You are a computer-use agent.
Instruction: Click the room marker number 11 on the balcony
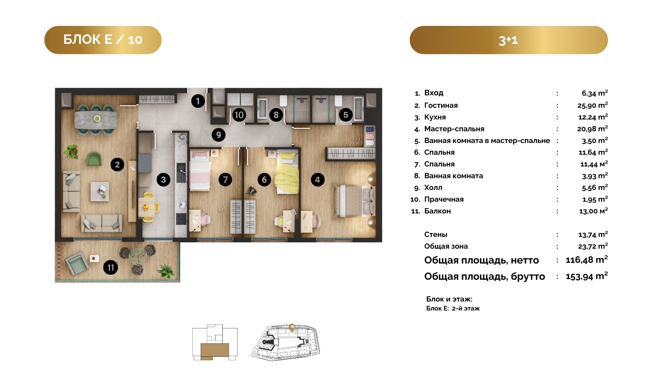tap(111, 268)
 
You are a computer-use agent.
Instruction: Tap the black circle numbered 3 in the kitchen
tap(163, 180)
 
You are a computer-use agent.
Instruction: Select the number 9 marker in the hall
tap(218, 134)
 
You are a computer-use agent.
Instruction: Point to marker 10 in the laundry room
tap(239, 115)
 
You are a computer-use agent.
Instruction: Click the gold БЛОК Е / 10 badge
tap(103, 40)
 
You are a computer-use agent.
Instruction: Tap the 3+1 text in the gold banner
tap(508, 40)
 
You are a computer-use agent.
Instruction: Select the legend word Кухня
tap(435, 117)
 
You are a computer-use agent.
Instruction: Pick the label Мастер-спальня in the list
tap(454, 129)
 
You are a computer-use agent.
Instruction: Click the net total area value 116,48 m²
tap(586, 260)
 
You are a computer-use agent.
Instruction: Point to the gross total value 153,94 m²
tap(586, 276)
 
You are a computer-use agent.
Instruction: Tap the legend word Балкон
tap(438, 211)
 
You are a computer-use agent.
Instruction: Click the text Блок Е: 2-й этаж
tap(453, 308)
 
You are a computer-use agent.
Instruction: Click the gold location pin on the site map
tap(292, 327)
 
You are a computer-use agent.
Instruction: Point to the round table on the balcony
tap(138, 255)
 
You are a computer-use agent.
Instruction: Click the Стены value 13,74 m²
tap(593, 235)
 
